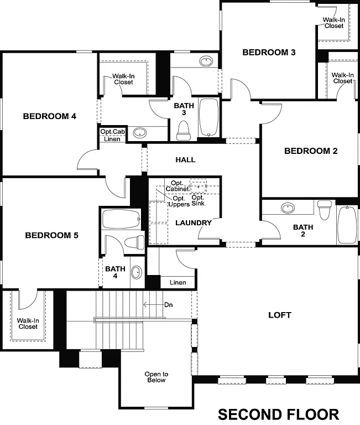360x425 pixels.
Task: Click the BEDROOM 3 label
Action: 269,53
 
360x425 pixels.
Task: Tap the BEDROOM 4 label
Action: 49,116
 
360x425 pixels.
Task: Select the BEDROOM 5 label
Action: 51,235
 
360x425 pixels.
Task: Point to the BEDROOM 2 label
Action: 311,151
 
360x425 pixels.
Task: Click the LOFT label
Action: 279,315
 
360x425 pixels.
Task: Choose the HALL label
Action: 185,159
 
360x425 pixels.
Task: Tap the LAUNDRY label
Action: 194,223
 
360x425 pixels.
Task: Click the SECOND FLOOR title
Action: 278,414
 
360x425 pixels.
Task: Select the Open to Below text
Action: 156,377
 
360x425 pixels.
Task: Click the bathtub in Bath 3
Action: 208,117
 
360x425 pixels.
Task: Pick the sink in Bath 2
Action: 288,209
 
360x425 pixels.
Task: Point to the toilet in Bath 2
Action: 325,210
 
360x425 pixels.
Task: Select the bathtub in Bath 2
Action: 347,224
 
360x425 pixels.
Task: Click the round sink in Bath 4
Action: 137,273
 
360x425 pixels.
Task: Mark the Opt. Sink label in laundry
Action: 198,200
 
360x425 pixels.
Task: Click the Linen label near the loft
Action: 178,282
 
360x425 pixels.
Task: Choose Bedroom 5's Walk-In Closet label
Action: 27,323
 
